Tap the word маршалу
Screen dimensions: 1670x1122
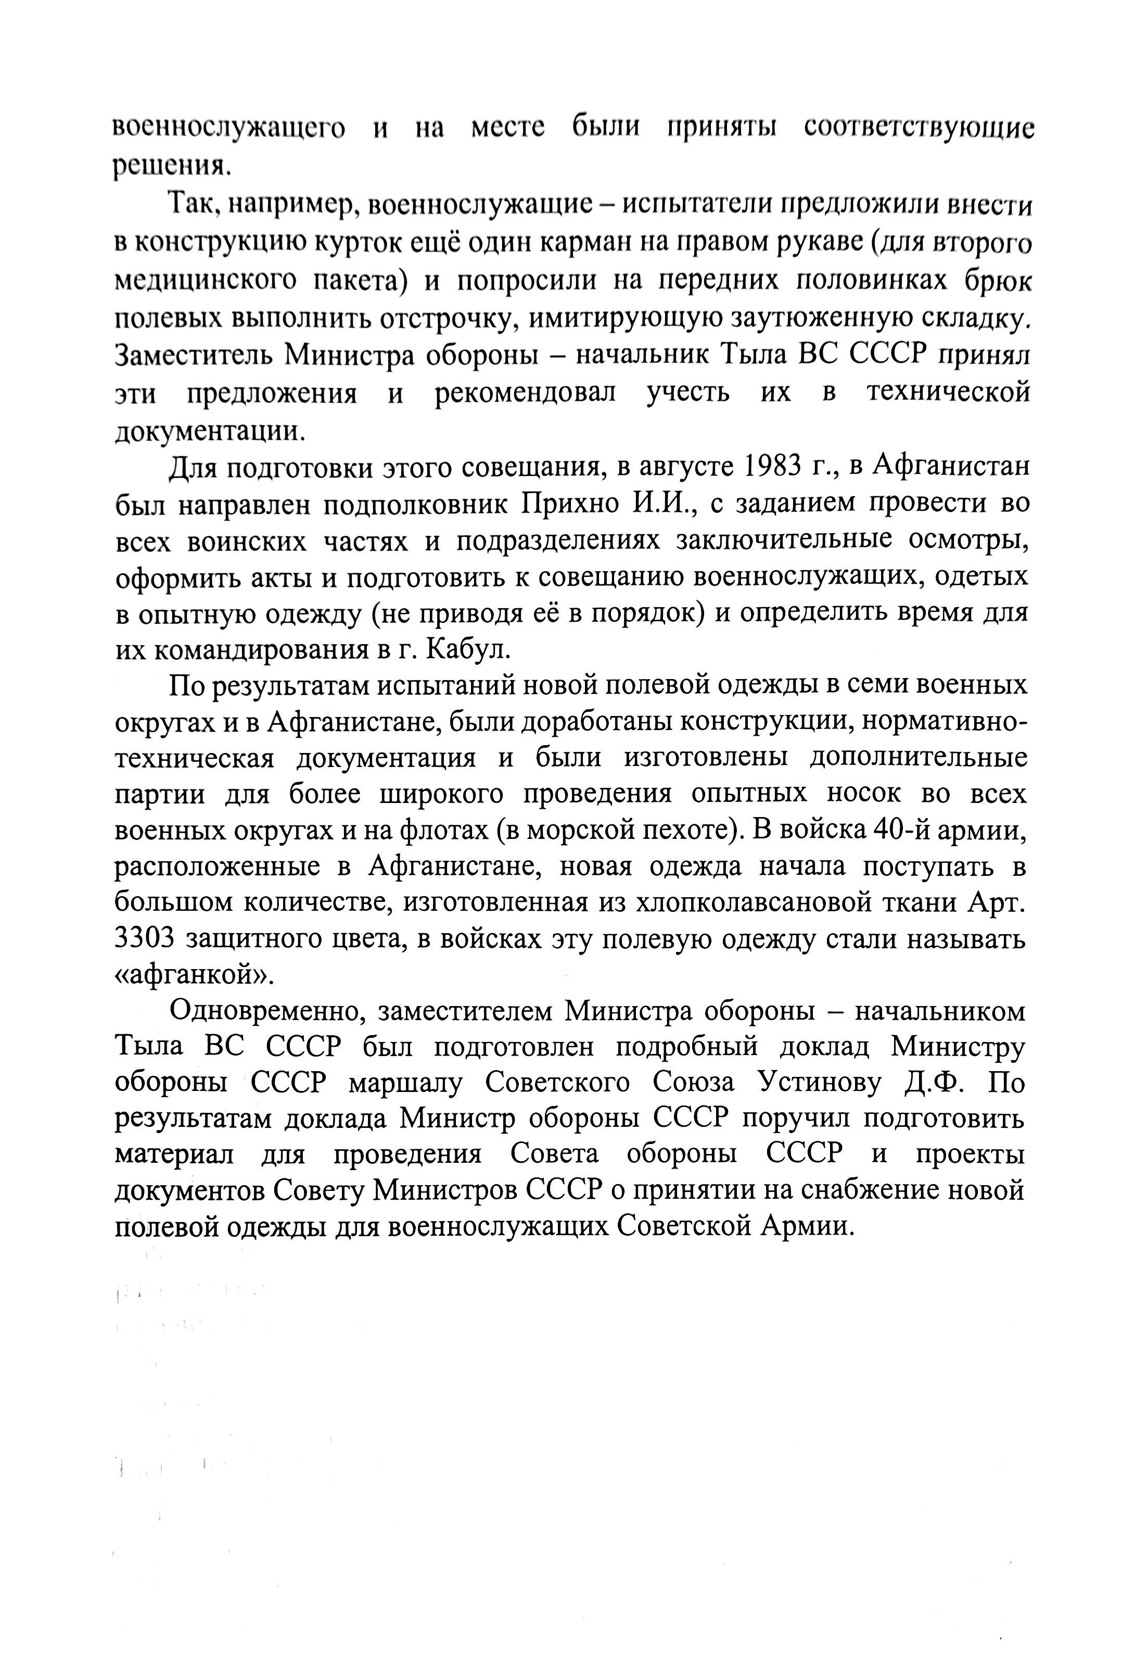point(406,1084)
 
